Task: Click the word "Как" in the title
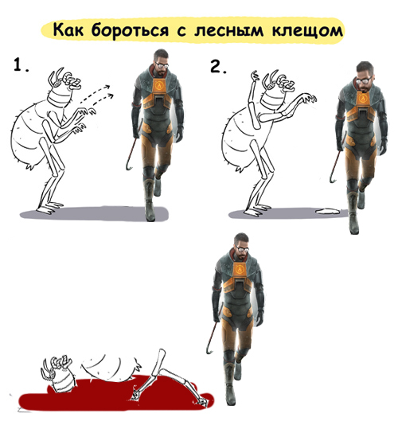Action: point(68,29)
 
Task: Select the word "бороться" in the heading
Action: point(130,30)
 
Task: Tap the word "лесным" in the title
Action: point(228,30)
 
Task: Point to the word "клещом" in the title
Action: point(307,30)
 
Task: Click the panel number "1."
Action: point(21,65)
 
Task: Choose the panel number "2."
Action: point(218,67)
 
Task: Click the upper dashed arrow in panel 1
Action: point(96,92)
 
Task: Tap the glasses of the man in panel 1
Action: point(162,65)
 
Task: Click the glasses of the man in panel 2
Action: point(365,80)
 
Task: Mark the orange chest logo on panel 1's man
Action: point(160,86)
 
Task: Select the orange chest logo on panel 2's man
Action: point(363,98)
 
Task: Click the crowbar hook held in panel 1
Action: point(129,166)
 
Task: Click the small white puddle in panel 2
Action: point(328,211)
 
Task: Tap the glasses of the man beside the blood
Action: point(242,249)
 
